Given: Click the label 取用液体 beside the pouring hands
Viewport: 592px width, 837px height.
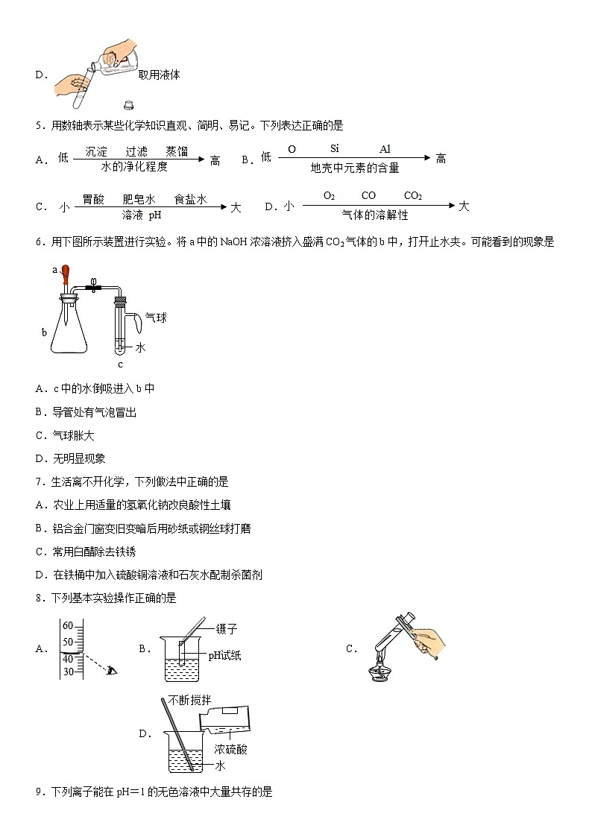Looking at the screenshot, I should point(159,75).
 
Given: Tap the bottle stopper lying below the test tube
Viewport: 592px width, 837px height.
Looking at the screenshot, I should point(128,106).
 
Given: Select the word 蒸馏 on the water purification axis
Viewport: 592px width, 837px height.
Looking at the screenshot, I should point(177,151).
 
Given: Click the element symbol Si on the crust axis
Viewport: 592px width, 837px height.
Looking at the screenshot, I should point(335,149).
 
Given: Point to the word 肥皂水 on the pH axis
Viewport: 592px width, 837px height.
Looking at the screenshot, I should point(138,199).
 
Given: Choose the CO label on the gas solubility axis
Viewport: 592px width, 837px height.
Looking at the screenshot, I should point(368,196).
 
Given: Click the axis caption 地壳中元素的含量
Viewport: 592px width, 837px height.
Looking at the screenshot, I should point(354,168).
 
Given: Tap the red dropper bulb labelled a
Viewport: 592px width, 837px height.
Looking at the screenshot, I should point(66,273).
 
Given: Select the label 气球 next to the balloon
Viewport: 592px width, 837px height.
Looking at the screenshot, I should point(155,318).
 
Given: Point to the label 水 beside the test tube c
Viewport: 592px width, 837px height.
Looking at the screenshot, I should point(140,347).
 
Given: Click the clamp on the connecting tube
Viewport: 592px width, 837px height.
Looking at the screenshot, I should point(93,285).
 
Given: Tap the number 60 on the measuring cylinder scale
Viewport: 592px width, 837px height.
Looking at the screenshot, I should point(67,625).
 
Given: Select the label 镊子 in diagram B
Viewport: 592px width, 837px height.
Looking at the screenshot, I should point(226,629).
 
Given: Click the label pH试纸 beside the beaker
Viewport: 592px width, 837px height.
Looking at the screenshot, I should point(224,656).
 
